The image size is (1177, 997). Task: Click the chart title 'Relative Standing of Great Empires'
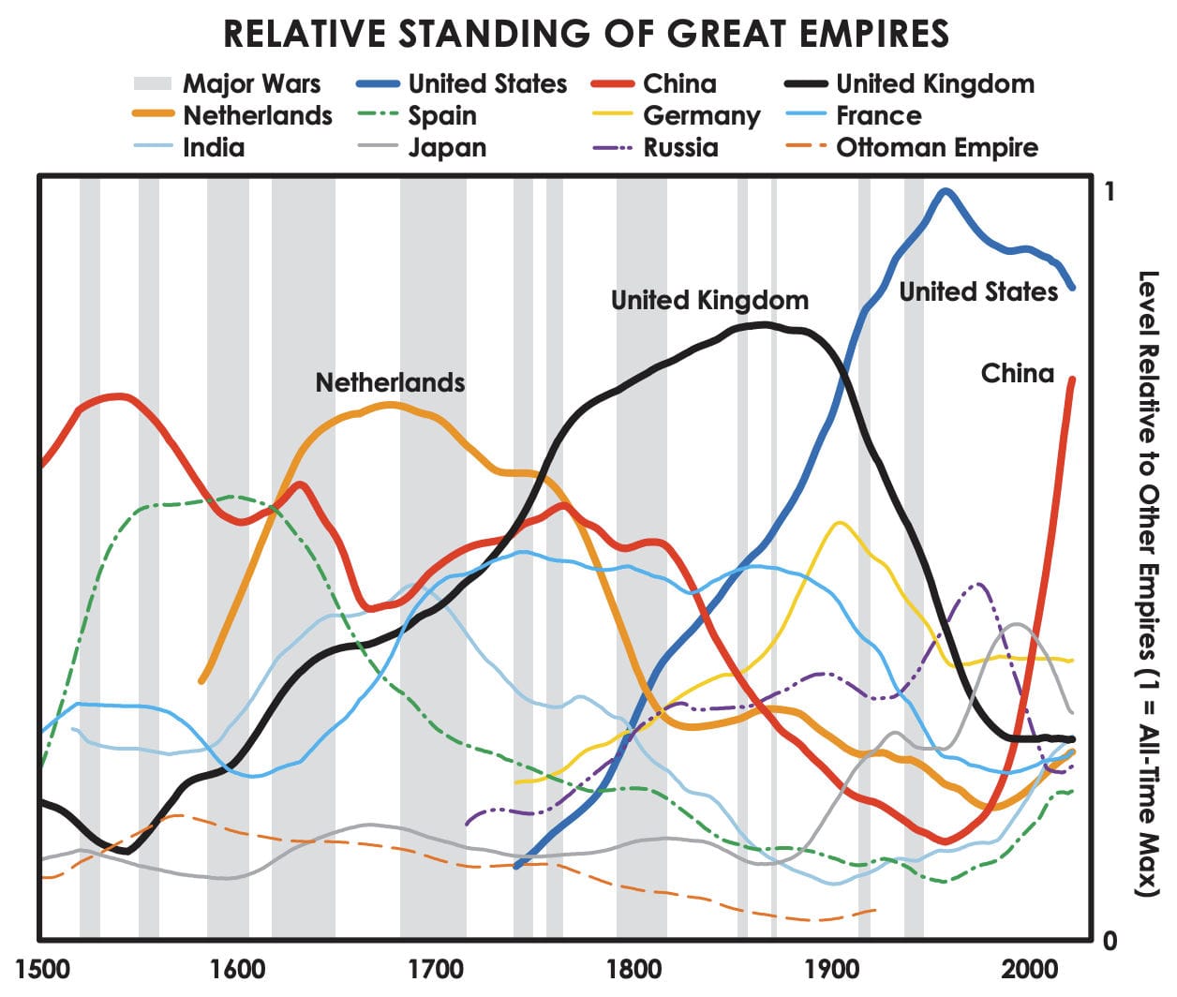click(587, 35)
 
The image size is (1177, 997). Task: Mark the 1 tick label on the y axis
click(1110, 191)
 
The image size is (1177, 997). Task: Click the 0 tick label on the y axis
click(1110, 941)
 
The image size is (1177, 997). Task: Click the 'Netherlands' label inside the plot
click(390, 382)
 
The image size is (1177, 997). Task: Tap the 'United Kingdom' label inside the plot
click(709, 301)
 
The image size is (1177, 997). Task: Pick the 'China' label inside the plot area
click(1018, 374)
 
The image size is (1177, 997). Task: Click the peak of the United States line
click(946, 192)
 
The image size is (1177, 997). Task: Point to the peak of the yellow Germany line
click(838, 523)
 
